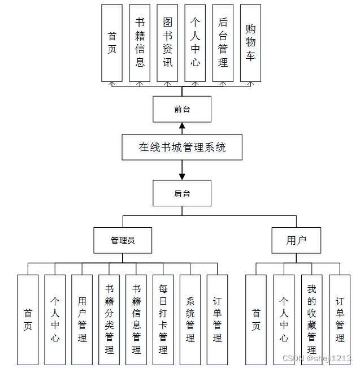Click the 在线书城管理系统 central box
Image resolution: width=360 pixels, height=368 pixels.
[x=182, y=147]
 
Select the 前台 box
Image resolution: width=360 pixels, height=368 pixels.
[x=182, y=109]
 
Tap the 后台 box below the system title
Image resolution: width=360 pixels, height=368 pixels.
[x=182, y=193]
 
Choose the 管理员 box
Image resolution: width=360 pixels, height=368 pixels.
[x=123, y=240]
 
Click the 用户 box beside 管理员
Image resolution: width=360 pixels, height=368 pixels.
[x=296, y=240]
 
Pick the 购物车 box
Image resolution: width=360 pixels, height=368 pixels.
[x=250, y=43]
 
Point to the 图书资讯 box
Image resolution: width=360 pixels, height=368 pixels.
[x=167, y=43]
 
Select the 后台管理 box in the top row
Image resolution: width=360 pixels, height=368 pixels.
[x=223, y=43]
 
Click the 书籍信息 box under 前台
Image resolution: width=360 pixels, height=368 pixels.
[x=140, y=43]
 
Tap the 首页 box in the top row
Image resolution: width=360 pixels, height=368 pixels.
[x=112, y=43]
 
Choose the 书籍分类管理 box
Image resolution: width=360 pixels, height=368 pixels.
[x=109, y=319]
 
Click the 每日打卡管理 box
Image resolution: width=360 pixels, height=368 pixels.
[x=163, y=319]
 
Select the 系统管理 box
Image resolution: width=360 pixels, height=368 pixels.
[x=190, y=319]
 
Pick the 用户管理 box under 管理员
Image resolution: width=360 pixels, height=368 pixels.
[x=82, y=319]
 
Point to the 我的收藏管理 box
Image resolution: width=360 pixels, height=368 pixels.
[x=311, y=319]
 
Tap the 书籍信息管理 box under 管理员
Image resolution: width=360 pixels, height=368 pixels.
[x=136, y=319]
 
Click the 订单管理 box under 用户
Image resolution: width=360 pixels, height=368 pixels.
[x=340, y=319]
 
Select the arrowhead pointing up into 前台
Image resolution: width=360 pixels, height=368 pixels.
[x=182, y=126]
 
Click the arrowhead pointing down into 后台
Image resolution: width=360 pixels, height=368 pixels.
[x=182, y=176]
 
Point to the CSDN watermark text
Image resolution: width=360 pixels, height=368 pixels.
[x=316, y=358]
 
